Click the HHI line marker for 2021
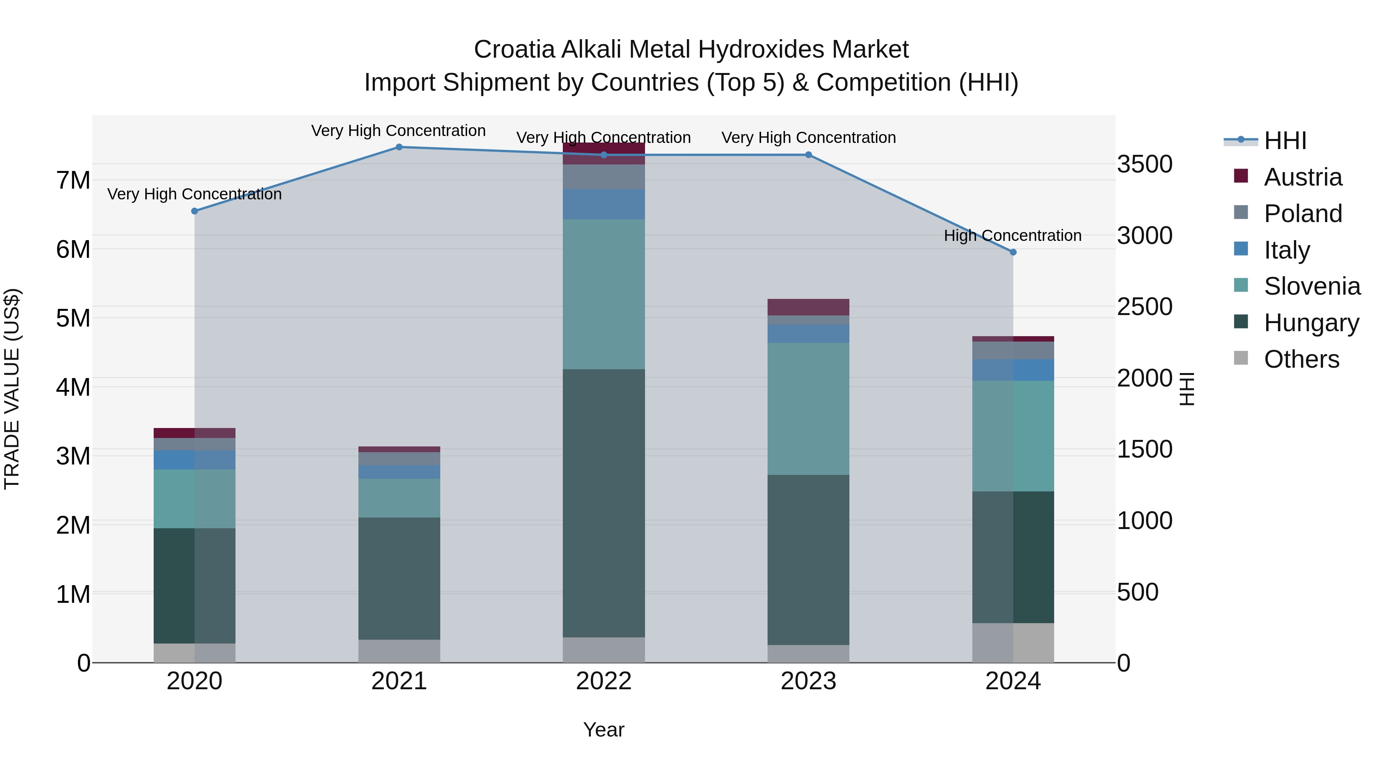(x=399, y=147)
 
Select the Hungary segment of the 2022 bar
(x=604, y=503)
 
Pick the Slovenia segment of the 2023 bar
(x=808, y=409)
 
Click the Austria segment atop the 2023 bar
(x=808, y=307)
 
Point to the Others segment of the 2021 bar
(x=399, y=651)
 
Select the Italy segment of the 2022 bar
(x=604, y=204)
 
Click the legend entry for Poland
(x=1302, y=214)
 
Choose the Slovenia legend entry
(x=1312, y=286)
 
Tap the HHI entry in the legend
(x=1285, y=141)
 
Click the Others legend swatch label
(x=1302, y=359)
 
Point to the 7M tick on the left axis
(x=73, y=181)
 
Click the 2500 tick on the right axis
(x=1145, y=307)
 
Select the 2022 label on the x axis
(x=604, y=681)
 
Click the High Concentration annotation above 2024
(x=1013, y=236)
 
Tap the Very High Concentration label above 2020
(x=194, y=194)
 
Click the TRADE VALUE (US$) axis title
(x=12, y=389)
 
